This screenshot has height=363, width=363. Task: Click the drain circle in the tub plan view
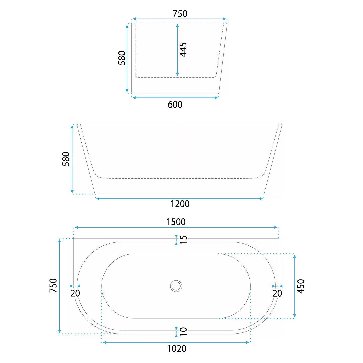(176, 286)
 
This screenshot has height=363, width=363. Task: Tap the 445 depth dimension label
(183, 49)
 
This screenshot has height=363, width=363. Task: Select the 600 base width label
(175, 105)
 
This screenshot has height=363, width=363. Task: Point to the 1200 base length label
(180, 204)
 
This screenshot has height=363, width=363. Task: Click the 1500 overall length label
(176, 222)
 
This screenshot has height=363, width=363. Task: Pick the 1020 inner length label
(177, 349)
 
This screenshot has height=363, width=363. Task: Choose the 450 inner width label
(301, 286)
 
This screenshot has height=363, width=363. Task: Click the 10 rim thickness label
(183, 331)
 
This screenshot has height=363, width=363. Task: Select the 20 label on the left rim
(75, 293)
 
